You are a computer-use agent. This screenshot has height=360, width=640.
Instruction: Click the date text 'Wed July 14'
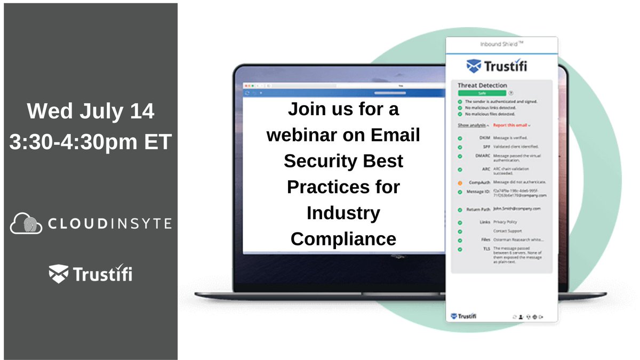coord(91,111)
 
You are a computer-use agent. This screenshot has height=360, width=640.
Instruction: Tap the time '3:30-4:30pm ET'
coord(91,141)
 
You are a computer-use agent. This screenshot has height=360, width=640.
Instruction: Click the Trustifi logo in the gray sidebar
coord(91,274)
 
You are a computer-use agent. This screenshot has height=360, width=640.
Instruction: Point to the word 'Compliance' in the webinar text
coord(343,238)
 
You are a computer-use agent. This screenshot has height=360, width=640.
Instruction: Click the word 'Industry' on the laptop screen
coord(343,213)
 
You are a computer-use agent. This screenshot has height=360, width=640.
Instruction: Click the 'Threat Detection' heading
coord(482,85)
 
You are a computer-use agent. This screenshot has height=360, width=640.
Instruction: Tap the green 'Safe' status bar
coord(481,93)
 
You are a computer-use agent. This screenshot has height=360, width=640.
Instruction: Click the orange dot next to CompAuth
coord(460,182)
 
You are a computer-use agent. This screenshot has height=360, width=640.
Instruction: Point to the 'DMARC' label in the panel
coord(482,156)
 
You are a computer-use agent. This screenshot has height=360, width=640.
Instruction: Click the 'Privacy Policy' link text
coord(505,222)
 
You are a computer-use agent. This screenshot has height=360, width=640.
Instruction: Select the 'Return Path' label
coord(478,209)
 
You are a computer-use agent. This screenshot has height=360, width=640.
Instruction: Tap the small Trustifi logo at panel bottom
coord(464,316)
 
